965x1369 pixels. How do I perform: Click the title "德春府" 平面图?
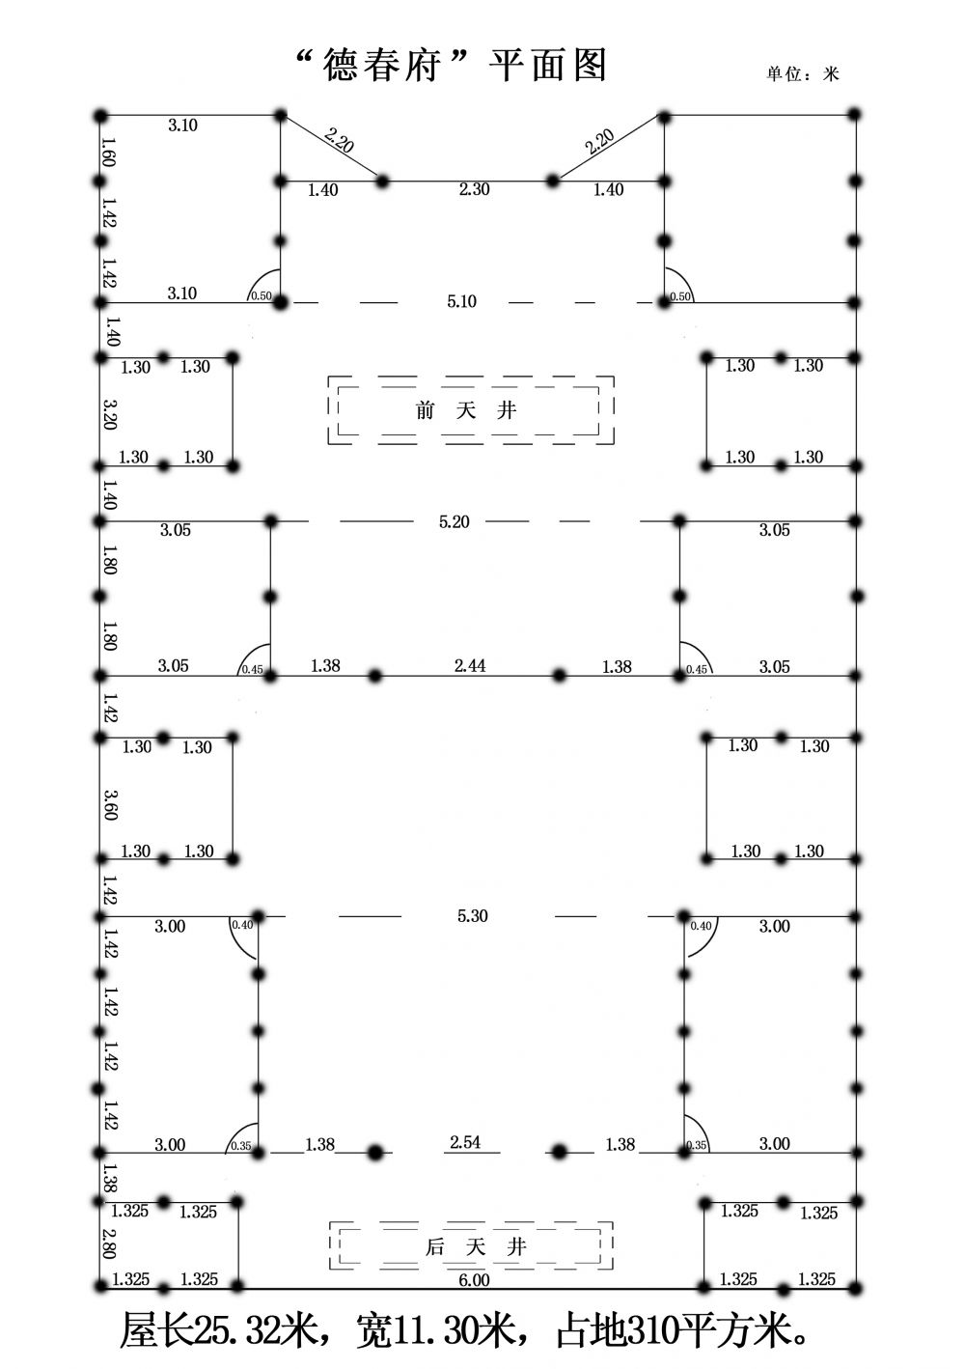tap(451, 66)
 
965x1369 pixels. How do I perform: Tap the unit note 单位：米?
tap(803, 74)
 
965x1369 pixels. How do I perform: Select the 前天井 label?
tap(466, 410)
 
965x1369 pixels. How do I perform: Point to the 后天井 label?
tap(475, 1246)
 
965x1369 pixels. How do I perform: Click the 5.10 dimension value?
tap(461, 301)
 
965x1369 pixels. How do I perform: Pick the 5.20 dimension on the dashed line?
tap(454, 522)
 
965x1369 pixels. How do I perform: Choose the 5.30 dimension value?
tap(473, 916)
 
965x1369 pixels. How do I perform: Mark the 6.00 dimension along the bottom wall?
tap(474, 1280)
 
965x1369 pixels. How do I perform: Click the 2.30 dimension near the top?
tap(475, 189)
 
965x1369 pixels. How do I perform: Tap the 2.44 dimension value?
tap(470, 665)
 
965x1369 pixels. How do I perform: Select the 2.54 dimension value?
tap(465, 1142)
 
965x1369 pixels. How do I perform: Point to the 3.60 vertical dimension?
tap(110, 805)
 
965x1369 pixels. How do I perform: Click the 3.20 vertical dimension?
tap(110, 414)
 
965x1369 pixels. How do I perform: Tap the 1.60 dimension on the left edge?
tap(108, 152)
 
